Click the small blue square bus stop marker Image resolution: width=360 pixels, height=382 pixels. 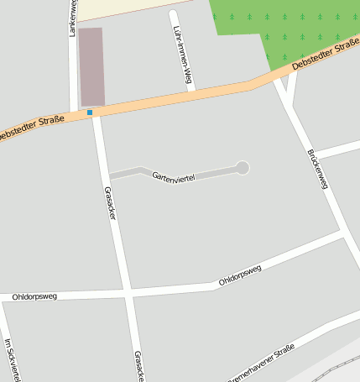pyautogui.click(x=90, y=112)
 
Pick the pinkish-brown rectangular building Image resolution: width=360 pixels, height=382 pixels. pyautogui.click(x=91, y=66)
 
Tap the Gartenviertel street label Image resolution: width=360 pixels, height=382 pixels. pyautogui.click(x=173, y=177)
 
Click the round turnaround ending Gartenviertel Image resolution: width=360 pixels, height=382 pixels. pyautogui.click(x=243, y=168)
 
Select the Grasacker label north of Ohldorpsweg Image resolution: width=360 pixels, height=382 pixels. pyautogui.click(x=110, y=203)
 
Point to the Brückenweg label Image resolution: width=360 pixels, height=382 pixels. pyautogui.click(x=318, y=169)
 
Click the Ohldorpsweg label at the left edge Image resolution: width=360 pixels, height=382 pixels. pyautogui.click(x=34, y=297)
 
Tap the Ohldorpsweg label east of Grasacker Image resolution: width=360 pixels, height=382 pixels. pyautogui.click(x=240, y=275)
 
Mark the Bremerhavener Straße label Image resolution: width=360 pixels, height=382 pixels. pyautogui.click(x=262, y=363)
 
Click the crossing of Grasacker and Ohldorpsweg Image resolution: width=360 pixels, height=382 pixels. pyautogui.click(x=128, y=293)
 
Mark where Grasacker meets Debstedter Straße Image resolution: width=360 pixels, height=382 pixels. pyautogui.click(x=96, y=113)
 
